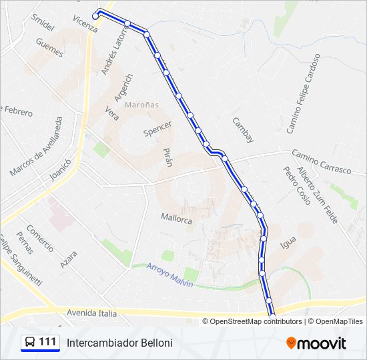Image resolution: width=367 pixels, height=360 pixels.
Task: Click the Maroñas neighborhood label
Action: (141, 105)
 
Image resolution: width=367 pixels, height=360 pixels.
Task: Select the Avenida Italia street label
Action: (91, 313)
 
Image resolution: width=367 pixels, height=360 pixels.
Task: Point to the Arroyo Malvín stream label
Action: (169, 274)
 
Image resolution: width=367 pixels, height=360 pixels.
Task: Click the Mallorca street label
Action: (176, 217)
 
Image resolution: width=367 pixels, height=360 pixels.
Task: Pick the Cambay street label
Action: (243, 130)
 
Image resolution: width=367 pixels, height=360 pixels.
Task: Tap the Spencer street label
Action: (157, 128)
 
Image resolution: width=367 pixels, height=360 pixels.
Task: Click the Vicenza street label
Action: (85, 24)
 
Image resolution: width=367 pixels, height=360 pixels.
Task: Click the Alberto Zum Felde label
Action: (318, 195)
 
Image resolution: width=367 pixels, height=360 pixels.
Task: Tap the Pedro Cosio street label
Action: (296, 185)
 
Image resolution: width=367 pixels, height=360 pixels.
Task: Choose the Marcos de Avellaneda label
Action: (36, 147)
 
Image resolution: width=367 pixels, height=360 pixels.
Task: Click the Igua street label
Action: (288, 243)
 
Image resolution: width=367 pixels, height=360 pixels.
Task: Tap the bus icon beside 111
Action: (30, 343)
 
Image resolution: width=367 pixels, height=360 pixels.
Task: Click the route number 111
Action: (47, 342)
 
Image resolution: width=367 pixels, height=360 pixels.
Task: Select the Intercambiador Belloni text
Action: (119, 343)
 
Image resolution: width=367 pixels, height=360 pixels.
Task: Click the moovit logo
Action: (316, 343)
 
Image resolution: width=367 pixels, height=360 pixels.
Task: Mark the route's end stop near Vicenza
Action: (96, 16)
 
